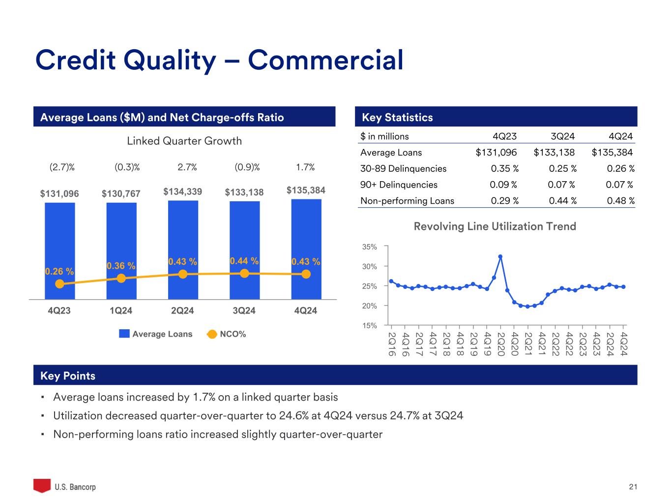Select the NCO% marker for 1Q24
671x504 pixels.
[121, 278]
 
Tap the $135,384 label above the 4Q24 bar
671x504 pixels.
[306, 190]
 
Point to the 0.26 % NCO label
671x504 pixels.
[59, 271]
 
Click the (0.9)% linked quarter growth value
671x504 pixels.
[247, 167]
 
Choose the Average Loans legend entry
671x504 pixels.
[156, 334]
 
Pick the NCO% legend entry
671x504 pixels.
[227, 334]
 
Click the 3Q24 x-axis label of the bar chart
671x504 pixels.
[244, 311]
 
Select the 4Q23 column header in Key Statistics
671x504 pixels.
[504, 136]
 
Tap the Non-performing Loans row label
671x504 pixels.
[407, 201]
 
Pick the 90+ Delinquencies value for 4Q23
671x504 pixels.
[503, 185]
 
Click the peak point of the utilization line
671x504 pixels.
[500, 256]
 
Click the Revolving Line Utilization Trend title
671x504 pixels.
[495, 226]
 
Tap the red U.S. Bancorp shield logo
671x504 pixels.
[42, 486]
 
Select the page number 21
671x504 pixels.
[633, 487]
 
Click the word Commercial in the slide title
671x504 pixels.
[325, 60]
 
